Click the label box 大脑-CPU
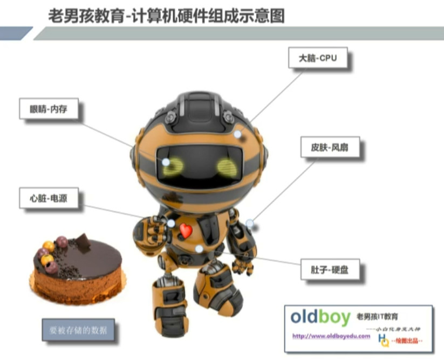[x=318, y=58]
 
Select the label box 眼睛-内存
[x=47, y=110]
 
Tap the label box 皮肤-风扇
[x=327, y=147]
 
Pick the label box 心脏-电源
[x=47, y=199]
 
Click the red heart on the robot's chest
[x=185, y=231]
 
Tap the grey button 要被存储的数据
[x=78, y=329]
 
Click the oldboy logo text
[x=320, y=317]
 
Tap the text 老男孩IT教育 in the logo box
[x=381, y=315]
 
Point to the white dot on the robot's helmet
[x=237, y=133]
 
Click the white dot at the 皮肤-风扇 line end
[x=250, y=223]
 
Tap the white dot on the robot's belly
[x=199, y=248]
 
